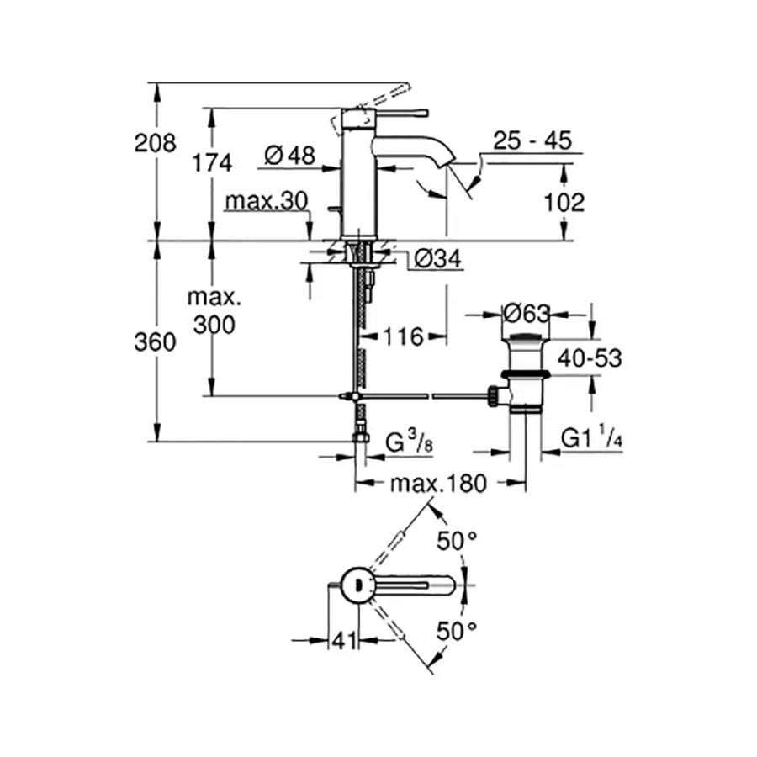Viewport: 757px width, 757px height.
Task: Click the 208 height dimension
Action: tap(156, 144)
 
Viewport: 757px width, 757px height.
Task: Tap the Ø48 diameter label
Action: tap(289, 155)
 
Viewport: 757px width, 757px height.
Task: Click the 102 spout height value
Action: tap(564, 203)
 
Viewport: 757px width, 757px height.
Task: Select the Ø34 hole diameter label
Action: tap(437, 261)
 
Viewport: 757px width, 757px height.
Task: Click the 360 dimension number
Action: tap(156, 342)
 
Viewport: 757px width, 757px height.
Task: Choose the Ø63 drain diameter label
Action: tap(527, 314)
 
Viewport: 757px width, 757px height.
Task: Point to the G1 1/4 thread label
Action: tap(590, 440)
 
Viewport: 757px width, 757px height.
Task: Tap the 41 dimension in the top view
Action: tap(341, 641)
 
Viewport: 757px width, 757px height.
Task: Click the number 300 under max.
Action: tap(213, 325)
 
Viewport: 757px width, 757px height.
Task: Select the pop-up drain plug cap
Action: tap(527, 338)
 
